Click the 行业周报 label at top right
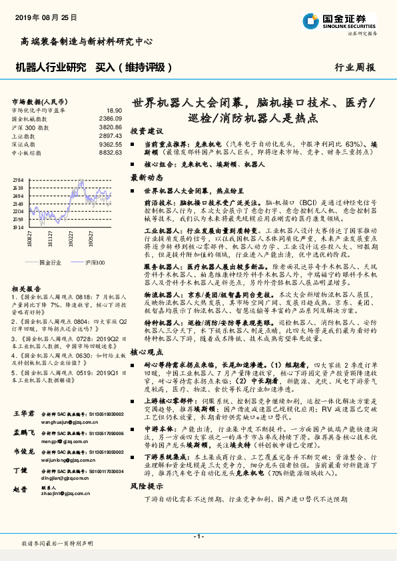[354, 67]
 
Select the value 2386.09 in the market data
[111, 118]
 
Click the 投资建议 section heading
[147, 131]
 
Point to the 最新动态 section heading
[147, 178]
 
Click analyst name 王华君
[24, 414]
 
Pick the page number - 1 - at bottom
[198, 536]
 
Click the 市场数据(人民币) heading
[38, 101]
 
